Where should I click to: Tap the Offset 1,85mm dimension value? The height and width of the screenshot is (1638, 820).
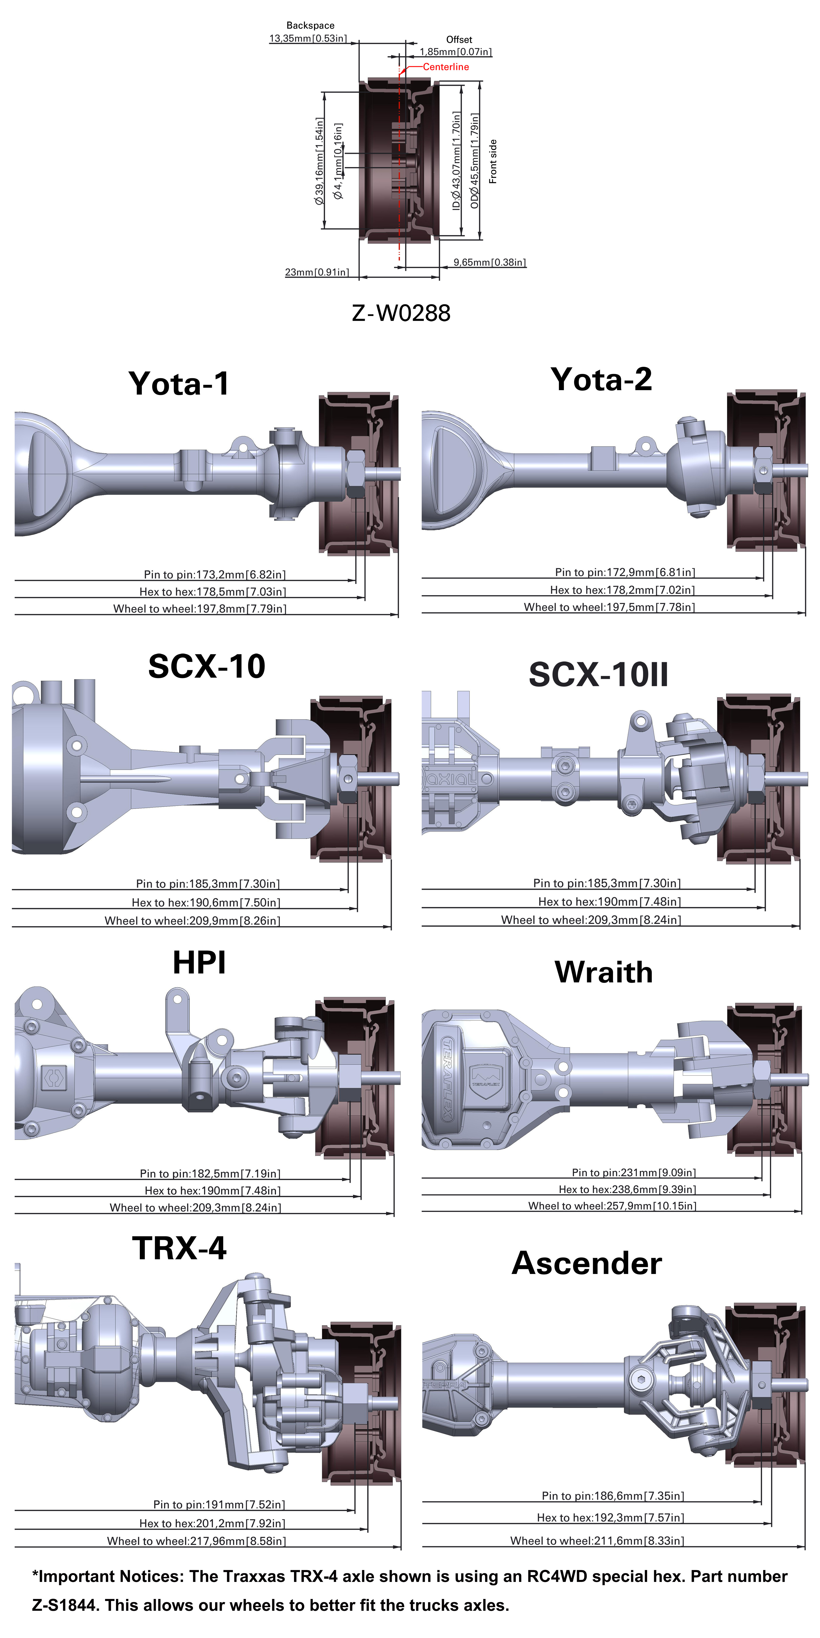tap(455, 52)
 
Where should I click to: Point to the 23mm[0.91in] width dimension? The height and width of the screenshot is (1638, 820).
tap(317, 272)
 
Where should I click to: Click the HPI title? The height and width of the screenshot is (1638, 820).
tap(199, 963)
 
